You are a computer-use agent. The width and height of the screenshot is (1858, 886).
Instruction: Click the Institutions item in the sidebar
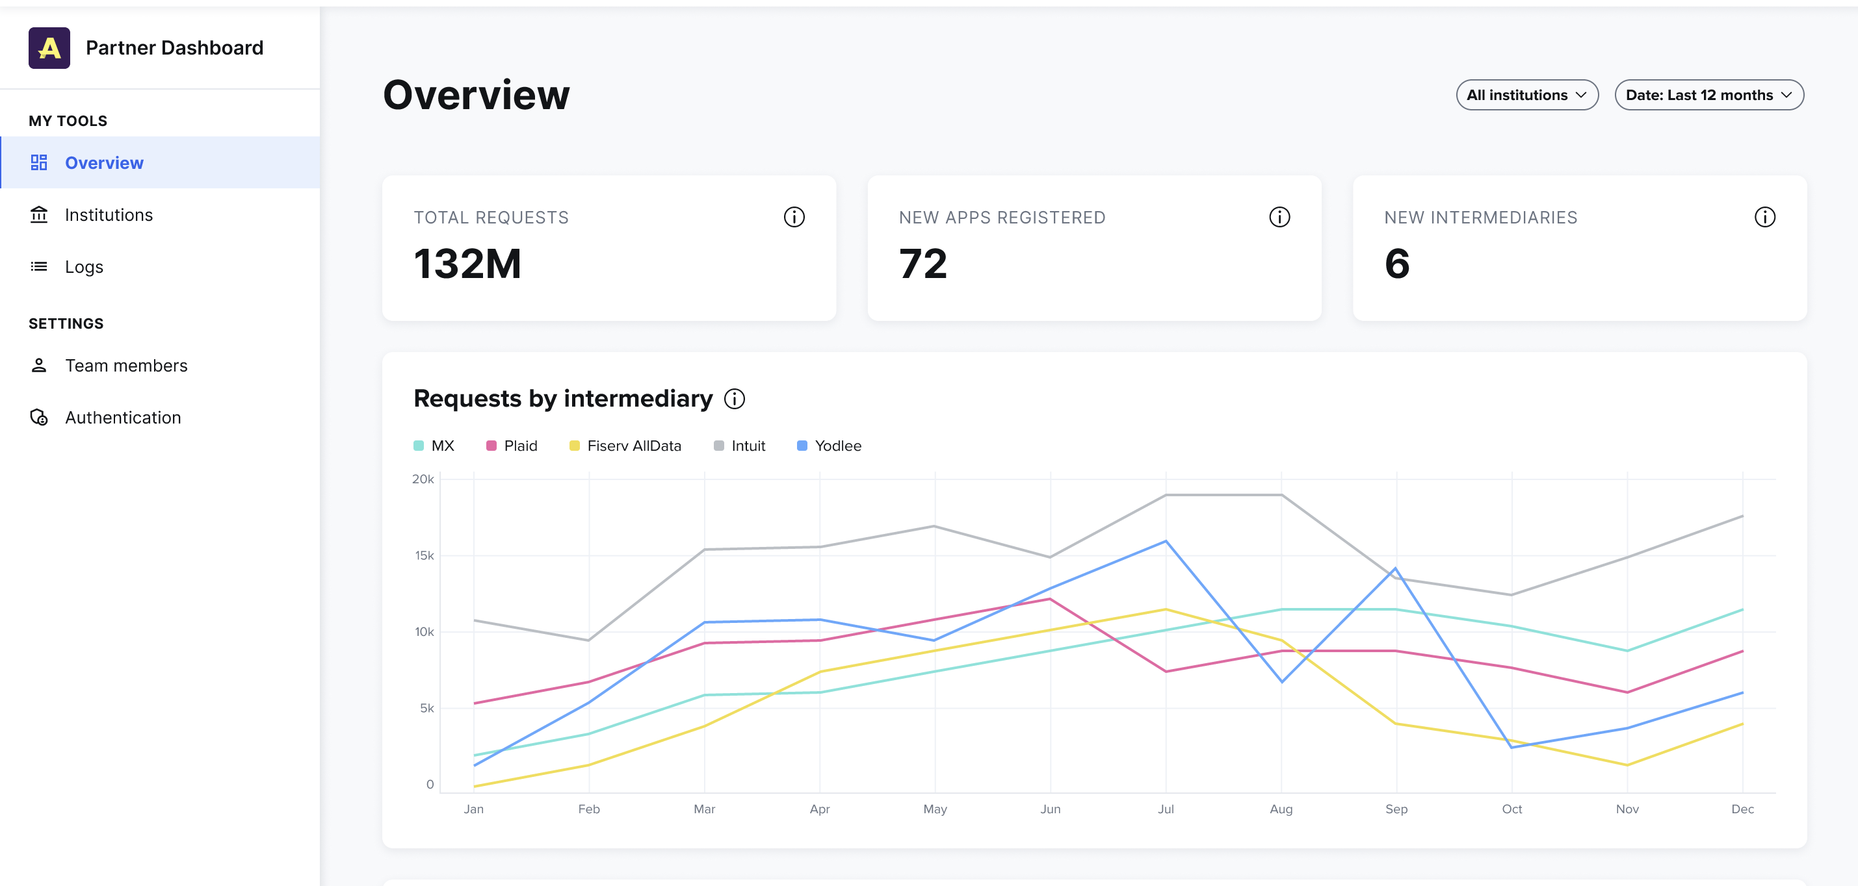[108, 215]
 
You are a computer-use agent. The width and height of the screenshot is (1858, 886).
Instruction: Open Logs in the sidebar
[84, 267]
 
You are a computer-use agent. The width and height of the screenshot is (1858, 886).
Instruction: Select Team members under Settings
[125, 366]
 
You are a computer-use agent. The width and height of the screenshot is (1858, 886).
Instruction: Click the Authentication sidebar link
[123, 418]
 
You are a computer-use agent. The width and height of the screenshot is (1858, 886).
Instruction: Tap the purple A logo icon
[49, 47]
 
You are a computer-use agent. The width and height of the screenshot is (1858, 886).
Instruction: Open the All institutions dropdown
[1526, 95]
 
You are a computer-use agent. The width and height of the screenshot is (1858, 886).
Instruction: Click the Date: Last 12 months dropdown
[1708, 95]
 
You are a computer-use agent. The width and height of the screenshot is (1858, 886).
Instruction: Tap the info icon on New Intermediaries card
[1764, 217]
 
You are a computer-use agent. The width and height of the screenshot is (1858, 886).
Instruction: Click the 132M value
[467, 264]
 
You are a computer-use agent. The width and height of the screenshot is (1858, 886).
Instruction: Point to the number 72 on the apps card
[922, 264]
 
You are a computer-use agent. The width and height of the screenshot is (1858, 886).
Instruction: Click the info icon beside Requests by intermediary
[734, 399]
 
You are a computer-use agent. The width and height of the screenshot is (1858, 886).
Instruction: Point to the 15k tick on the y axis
[424, 555]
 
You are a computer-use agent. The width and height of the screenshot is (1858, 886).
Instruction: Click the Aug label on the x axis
[1281, 809]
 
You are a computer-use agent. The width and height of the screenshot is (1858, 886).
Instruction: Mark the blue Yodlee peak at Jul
[1166, 541]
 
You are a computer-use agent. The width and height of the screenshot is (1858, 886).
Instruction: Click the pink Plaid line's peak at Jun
[1050, 599]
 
